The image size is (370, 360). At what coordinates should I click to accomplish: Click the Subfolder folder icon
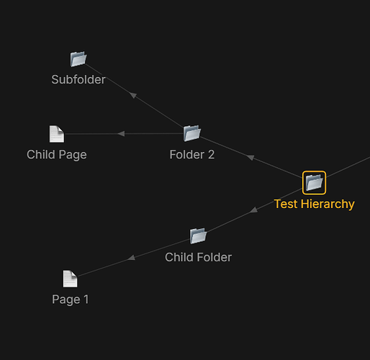pos(78,59)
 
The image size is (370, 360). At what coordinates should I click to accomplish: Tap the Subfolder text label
pos(78,79)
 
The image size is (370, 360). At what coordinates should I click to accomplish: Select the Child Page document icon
pos(57,134)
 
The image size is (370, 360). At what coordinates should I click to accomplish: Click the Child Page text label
pos(57,155)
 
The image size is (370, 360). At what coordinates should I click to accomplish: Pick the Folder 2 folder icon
pos(192,133)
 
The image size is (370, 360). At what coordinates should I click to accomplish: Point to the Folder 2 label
pos(192,155)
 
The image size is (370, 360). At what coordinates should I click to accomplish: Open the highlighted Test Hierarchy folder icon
pos(314,183)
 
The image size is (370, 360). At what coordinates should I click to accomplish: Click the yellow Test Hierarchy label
pos(315,204)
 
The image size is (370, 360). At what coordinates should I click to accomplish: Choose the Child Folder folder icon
pos(198,235)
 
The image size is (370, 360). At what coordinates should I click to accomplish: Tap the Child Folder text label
pos(198,257)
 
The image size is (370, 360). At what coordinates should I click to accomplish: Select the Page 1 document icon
pos(70,279)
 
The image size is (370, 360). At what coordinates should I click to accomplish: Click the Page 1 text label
pos(71,300)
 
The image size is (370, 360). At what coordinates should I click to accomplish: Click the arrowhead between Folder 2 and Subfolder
pos(132,95)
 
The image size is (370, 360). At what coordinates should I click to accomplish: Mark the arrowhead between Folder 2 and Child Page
pos(121,134)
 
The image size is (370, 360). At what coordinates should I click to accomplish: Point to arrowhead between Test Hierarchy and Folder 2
pos(251,157)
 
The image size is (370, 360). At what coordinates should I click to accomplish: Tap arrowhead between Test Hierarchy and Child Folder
pos(254,210)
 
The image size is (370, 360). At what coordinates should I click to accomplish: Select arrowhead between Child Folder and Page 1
pos(131,258)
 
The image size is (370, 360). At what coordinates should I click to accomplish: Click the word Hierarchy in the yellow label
pos(328,204)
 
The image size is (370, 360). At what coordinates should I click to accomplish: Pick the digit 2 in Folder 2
pos(211,155)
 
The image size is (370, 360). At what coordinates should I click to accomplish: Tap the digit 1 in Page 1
pos(86,299)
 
